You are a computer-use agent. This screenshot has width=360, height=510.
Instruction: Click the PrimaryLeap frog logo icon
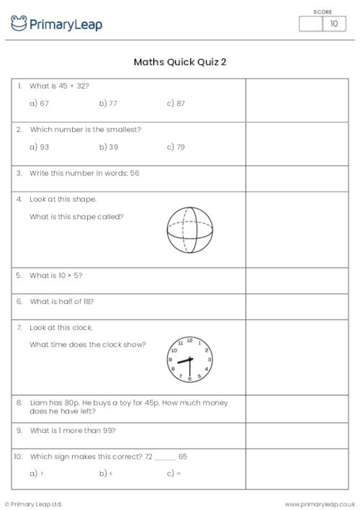18,24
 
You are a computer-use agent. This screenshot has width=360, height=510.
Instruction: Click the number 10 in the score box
333,24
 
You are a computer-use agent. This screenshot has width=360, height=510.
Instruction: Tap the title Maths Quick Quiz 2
180,62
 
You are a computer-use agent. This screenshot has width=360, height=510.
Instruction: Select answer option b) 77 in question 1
108,104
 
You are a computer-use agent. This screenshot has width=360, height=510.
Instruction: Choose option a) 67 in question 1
39,104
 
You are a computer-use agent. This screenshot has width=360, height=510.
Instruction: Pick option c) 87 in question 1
176,104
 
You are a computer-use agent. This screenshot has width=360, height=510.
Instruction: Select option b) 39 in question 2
108,147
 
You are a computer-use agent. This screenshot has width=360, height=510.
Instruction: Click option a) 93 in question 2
39,147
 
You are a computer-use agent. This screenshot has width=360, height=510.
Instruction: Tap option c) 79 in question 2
176,147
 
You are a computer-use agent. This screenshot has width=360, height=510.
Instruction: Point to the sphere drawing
190,231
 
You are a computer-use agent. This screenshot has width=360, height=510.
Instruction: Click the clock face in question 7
190,359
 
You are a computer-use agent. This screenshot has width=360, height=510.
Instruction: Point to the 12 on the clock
190,340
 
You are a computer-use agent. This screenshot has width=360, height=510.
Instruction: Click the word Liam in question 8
37,403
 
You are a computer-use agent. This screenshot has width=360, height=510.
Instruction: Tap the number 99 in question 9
109,430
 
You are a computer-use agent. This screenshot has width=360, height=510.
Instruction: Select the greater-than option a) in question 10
37,473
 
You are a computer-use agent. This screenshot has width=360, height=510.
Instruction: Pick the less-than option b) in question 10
105,473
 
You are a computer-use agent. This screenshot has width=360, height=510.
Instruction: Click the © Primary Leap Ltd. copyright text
34,504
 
